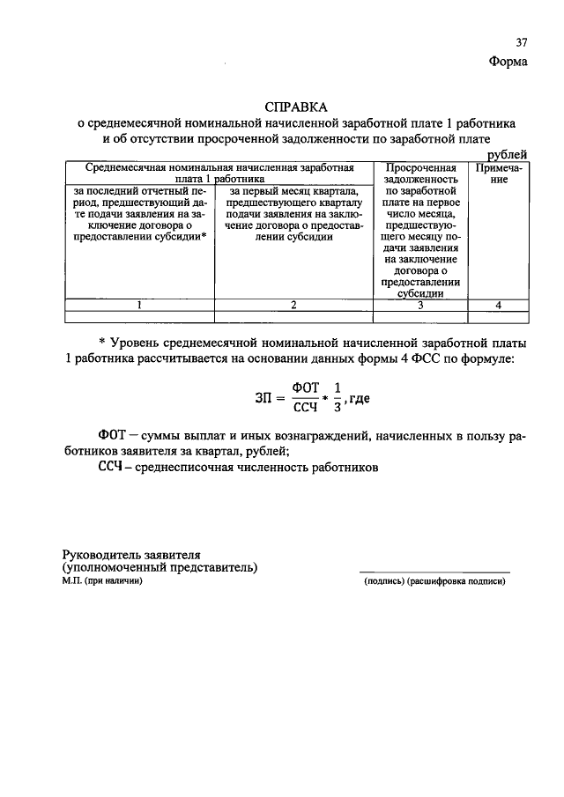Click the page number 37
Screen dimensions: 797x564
521,43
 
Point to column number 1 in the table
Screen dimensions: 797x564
138,305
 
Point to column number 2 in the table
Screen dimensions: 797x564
293,305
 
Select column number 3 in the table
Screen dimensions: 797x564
420,305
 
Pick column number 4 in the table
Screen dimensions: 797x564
498,305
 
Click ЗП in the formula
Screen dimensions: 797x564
253,398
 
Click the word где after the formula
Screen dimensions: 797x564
358,398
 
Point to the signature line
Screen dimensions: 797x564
434,572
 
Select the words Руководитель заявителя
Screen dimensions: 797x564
131,555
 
